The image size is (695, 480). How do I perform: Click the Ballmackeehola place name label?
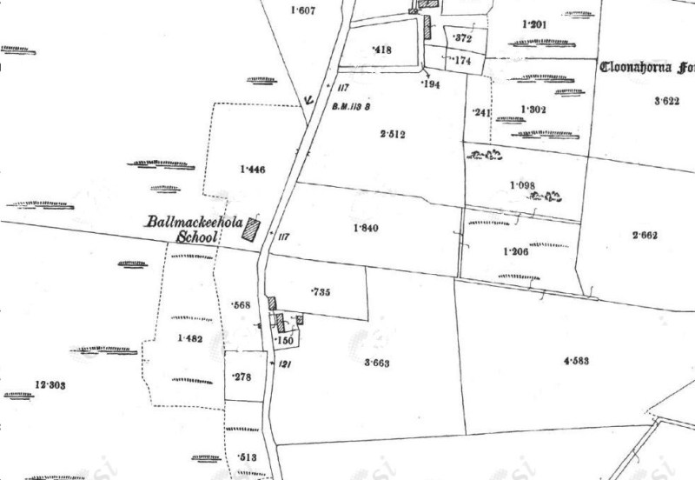point(194,223)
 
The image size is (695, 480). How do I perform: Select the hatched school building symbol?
point(252,229)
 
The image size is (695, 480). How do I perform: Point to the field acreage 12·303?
point(50,384)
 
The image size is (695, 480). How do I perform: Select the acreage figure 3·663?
point(377,363)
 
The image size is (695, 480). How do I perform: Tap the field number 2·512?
point(393,134)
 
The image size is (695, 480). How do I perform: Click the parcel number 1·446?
point(251,170)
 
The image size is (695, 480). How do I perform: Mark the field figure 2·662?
point(647,235)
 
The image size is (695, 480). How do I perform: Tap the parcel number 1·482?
point(189,338)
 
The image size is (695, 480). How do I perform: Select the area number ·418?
point(381,50)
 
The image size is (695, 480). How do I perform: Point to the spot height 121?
point(284,365)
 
